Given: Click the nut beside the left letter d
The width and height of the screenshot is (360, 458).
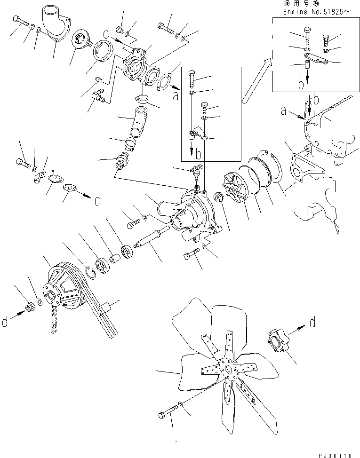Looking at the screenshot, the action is click(30, 307).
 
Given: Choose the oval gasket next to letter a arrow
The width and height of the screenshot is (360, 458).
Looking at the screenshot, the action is click(165, 81).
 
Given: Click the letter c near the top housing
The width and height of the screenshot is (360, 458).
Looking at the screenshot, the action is click(106, 34).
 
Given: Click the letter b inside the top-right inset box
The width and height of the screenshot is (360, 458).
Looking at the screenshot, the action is click(301, 84).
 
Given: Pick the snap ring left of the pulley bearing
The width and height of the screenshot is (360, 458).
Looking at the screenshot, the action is click(92, 273).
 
